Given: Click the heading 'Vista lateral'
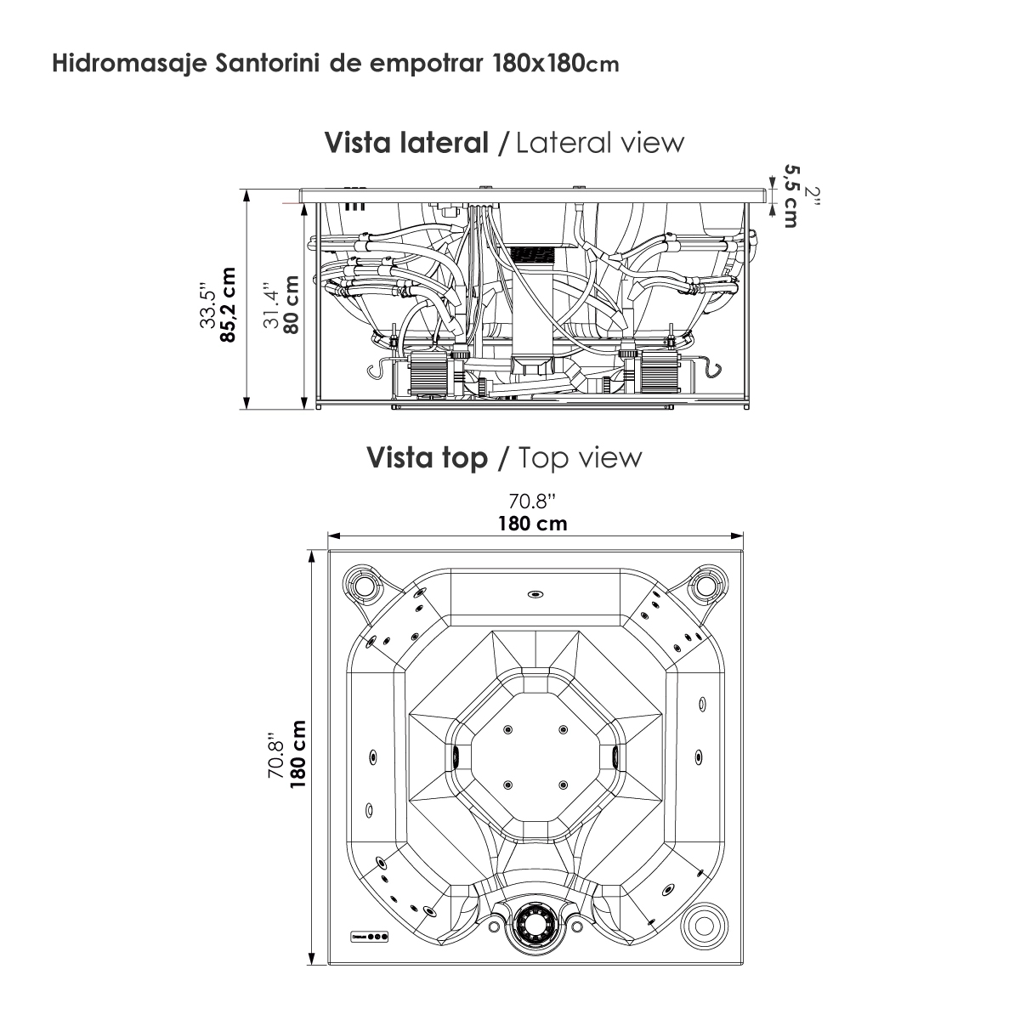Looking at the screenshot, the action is point(406,143).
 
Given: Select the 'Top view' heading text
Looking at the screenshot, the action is point(581,458).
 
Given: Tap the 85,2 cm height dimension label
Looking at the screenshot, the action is point(229,305).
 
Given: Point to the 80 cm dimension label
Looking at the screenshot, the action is point(292,305).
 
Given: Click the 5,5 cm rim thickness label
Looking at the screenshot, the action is point(791,196).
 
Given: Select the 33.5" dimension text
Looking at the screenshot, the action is point(208,309).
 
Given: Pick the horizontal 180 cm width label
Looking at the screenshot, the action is point(532,524).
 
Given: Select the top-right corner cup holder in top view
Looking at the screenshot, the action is point(705,585).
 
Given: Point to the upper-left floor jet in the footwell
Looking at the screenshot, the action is point(507,730).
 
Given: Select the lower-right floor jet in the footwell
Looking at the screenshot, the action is point(563,785).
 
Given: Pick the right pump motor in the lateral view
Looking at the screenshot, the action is point(660,371).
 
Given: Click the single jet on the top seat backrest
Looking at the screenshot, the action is point(535,594).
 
